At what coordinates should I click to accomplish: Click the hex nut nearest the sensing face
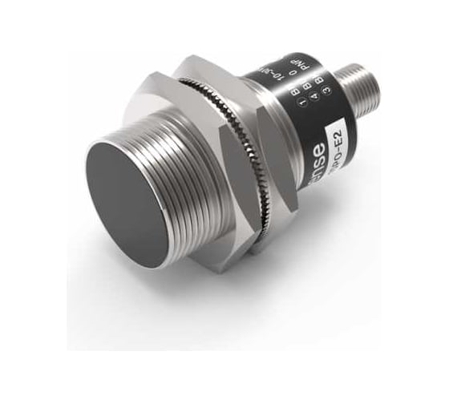172,112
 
